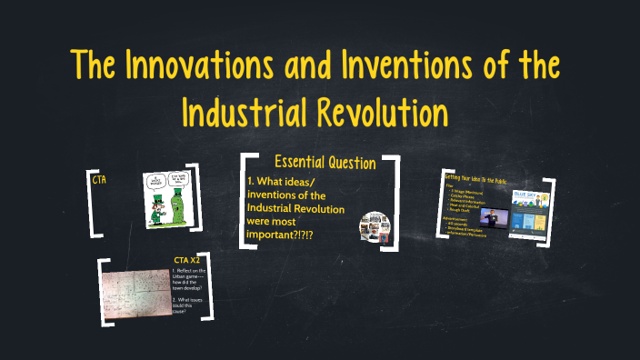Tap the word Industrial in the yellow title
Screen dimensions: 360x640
coord(244,113)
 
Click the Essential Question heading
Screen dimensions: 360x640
coord(325,163)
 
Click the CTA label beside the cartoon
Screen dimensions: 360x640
coord(100,180)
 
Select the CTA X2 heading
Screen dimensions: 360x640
coord(186,260)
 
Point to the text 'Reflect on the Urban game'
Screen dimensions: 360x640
coord(192,279)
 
